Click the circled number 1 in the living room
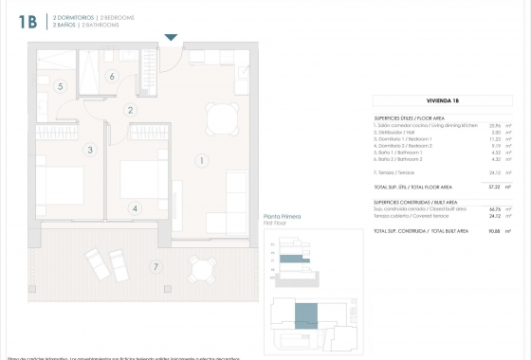click(202, 160)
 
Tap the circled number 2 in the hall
click(131, 110)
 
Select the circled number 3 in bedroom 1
click(90, 150)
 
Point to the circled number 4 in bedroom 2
click(135, 208)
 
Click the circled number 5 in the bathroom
click(60, 86)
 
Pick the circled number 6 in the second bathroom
click(111, 77)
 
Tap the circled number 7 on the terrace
click(155, 267)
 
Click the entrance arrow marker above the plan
click(171, 37)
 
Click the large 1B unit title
click(27, 23)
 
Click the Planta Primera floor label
click(282, 218)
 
